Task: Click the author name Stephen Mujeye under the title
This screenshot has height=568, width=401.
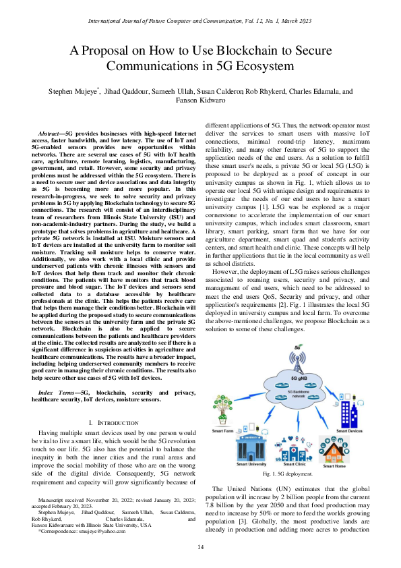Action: click(69, 90)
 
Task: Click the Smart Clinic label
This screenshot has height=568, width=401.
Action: click(294, 465)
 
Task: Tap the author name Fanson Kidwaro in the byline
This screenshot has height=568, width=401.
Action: click(201, 100)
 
